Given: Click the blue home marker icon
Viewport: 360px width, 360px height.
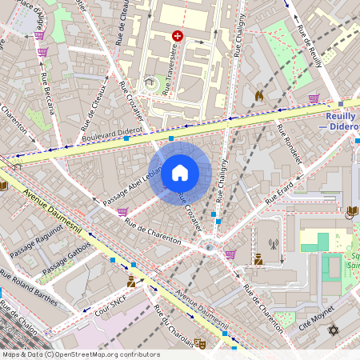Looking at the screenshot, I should (x=180, y=171).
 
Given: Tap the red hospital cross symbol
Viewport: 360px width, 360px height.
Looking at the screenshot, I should (x=178, y=36).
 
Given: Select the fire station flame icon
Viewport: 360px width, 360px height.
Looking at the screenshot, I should (x=258, y=95).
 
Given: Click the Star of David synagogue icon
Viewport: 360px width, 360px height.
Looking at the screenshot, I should (x=334, y=330).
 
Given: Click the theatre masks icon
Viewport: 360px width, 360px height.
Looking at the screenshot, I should (x=200, y=342).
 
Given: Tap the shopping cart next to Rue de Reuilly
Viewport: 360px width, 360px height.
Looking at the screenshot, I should (x=314, y=98).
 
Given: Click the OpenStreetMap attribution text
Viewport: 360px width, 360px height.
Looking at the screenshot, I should (x=81, y=354).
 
